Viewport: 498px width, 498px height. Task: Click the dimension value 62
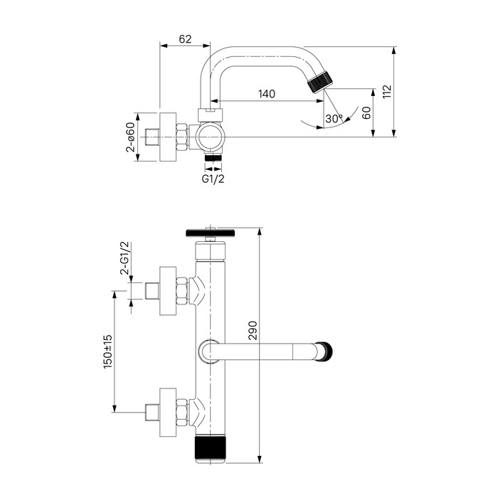(184, 40)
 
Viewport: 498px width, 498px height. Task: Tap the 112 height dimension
(387, 91)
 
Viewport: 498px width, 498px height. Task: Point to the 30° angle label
(333, 118)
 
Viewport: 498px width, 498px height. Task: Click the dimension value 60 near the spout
(366, 112)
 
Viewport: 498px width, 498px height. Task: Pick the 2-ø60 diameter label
(131, 137)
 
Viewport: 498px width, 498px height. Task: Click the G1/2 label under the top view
(213, 179)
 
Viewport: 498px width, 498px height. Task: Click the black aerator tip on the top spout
(321, 80)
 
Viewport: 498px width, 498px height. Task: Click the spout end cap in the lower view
(327, 350)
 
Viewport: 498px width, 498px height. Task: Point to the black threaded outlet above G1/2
(213, 157)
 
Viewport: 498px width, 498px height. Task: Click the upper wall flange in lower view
(167, 290)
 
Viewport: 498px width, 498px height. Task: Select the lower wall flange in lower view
(167, 411)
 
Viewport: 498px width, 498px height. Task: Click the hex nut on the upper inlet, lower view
(182, 290)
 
